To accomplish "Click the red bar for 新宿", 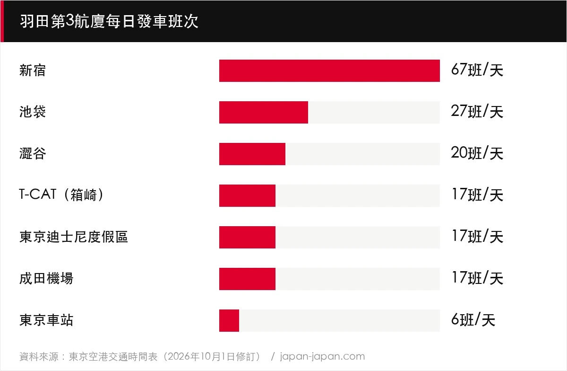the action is (329, 71).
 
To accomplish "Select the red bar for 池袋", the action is (264, 112).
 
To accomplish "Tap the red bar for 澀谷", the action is (252, 154).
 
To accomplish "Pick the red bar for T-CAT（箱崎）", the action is (247, 195).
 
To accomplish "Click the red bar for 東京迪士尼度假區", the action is (247, 237).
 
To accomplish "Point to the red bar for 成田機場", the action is (247, 279).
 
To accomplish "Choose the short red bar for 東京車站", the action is (229, 320).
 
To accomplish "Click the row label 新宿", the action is (33, 70).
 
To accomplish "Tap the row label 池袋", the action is (33, 112).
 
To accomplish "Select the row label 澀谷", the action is (33, 153).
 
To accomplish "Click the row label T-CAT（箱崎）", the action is (61, 195).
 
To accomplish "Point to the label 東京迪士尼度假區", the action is (74, 237).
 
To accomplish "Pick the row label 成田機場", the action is (46, 278).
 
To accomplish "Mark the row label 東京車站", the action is (46, 320).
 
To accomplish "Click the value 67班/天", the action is (477, 70).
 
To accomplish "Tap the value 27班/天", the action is (477, 111).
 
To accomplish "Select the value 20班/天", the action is (477, 153).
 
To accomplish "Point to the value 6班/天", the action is (473, 319).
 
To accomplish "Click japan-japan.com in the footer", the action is (322, 356).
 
